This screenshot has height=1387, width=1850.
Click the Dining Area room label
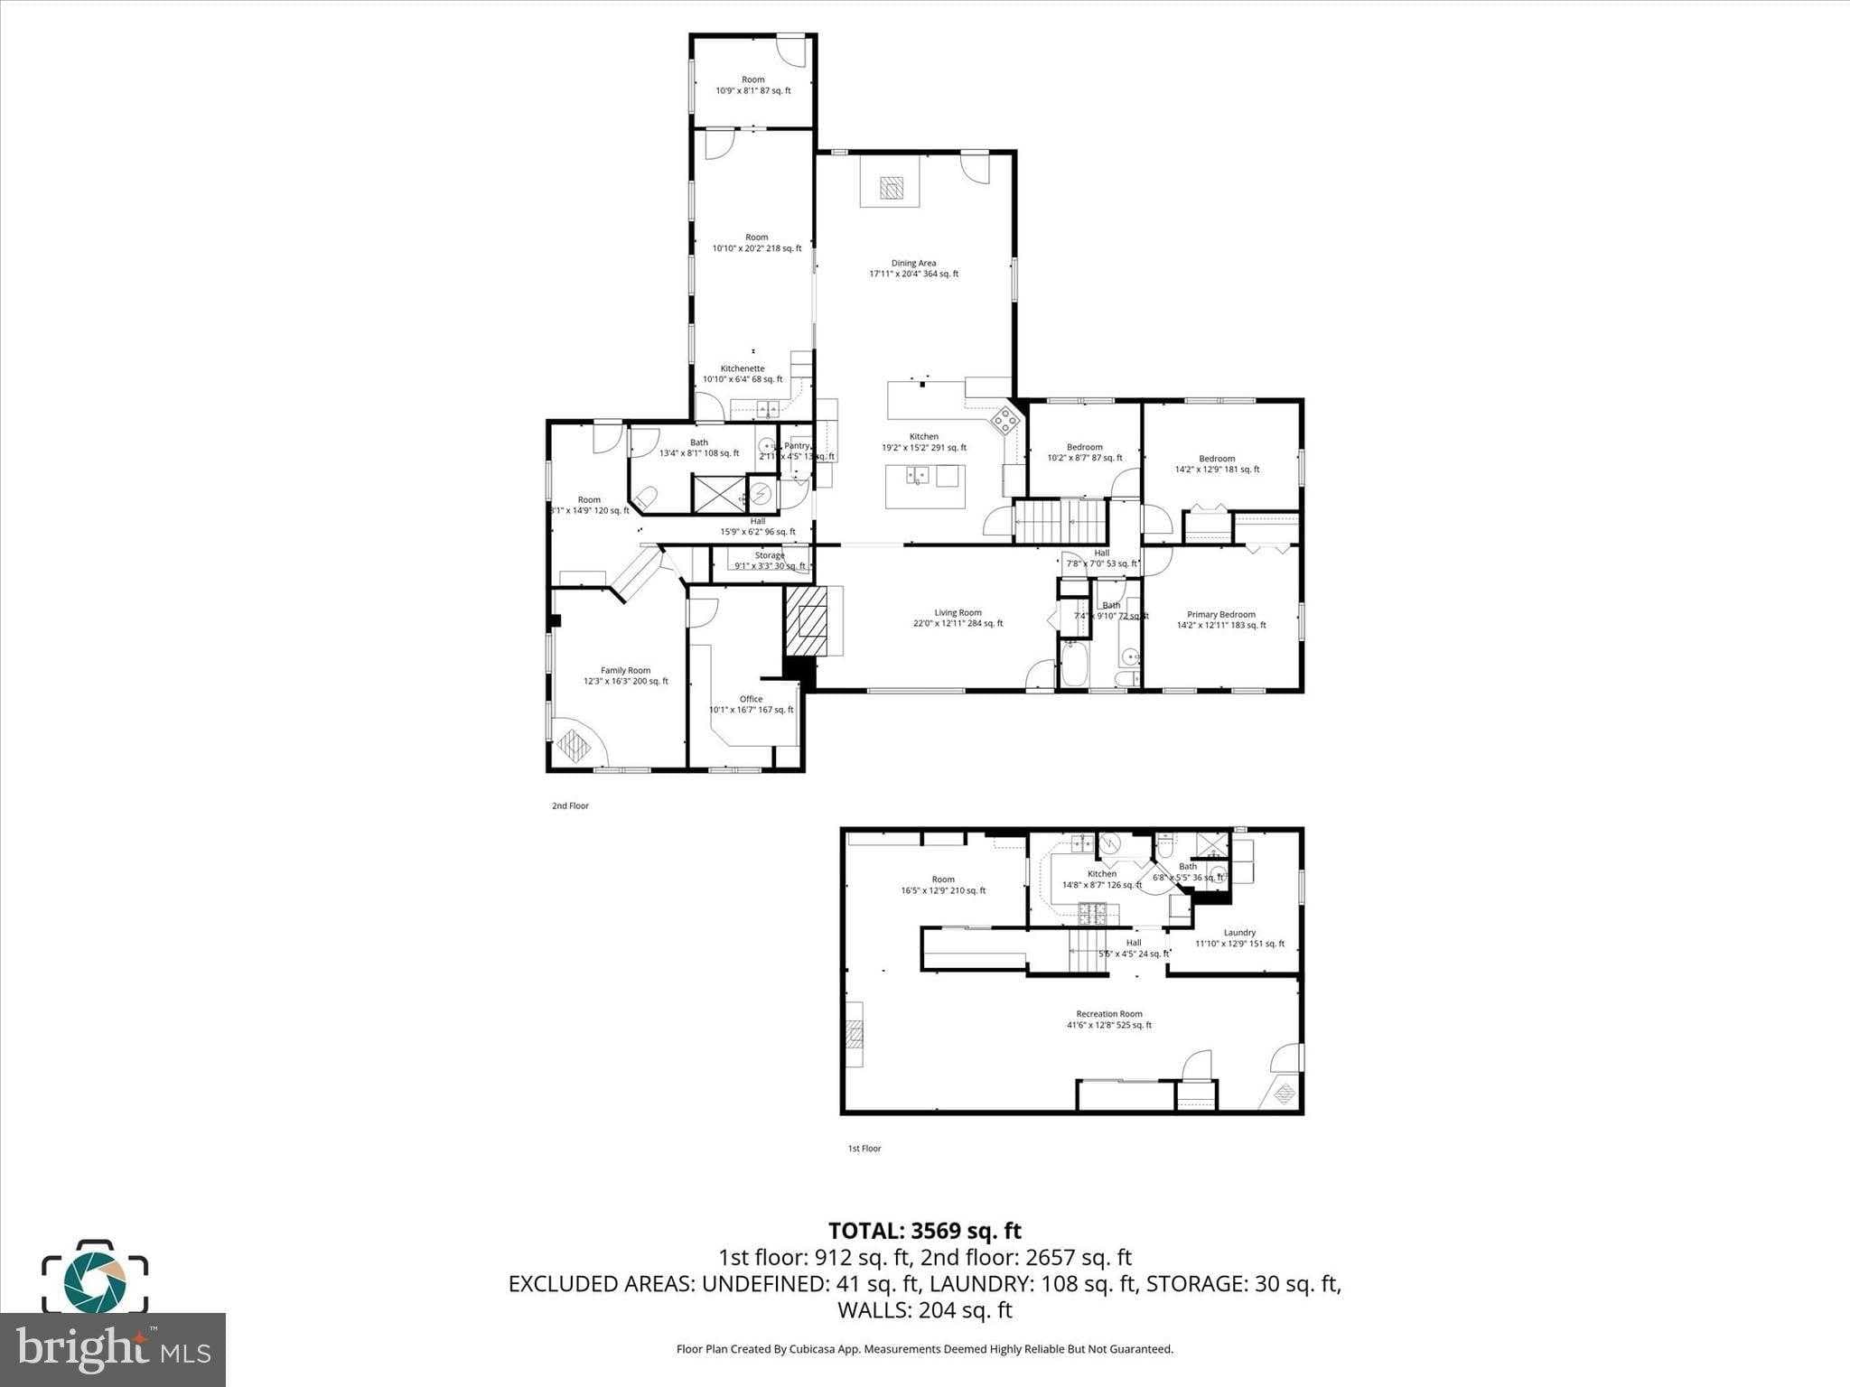pos(913,268)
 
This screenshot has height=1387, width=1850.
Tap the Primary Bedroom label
pos(1221,619)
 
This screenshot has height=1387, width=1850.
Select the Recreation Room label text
pos(1108,1019)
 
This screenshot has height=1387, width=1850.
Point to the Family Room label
pos(626,675)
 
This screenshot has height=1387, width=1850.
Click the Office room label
pos(751,704)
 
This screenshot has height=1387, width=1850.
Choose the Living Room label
pos(958,618)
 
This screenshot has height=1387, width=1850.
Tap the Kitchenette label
pos(743,374)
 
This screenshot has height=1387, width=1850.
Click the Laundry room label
pos(1239,938)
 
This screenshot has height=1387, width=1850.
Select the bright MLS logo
pos(113,1349)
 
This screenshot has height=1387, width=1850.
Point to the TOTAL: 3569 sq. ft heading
pos(924,1231)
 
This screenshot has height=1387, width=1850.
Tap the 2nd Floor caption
pos(570,805)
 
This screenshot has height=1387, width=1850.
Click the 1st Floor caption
pos(864,1149)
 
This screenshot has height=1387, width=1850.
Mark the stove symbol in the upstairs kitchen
pos(1004,419)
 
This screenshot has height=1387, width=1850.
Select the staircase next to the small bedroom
pos(1060,521)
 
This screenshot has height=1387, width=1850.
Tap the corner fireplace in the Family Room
pos(574,746)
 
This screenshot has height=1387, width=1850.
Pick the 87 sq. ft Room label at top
pos(752,85)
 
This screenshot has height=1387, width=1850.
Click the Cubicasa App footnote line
pos(924,1349)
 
